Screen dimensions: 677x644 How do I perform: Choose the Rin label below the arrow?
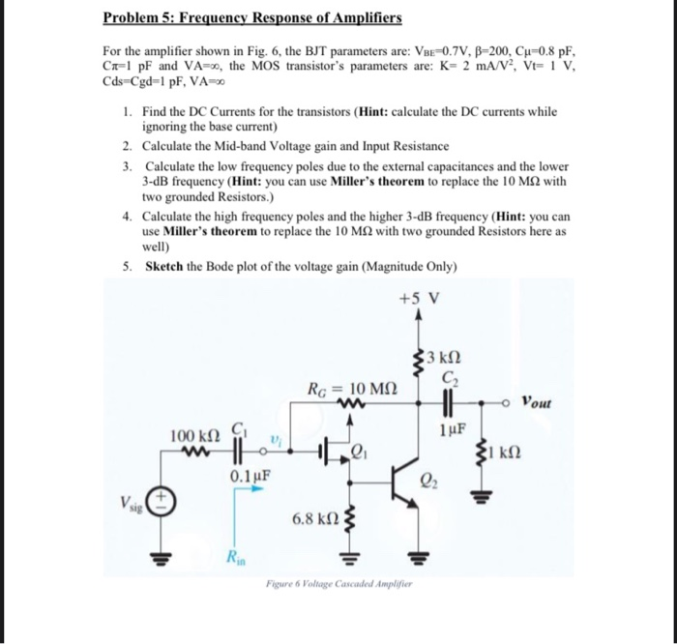point(237,555)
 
